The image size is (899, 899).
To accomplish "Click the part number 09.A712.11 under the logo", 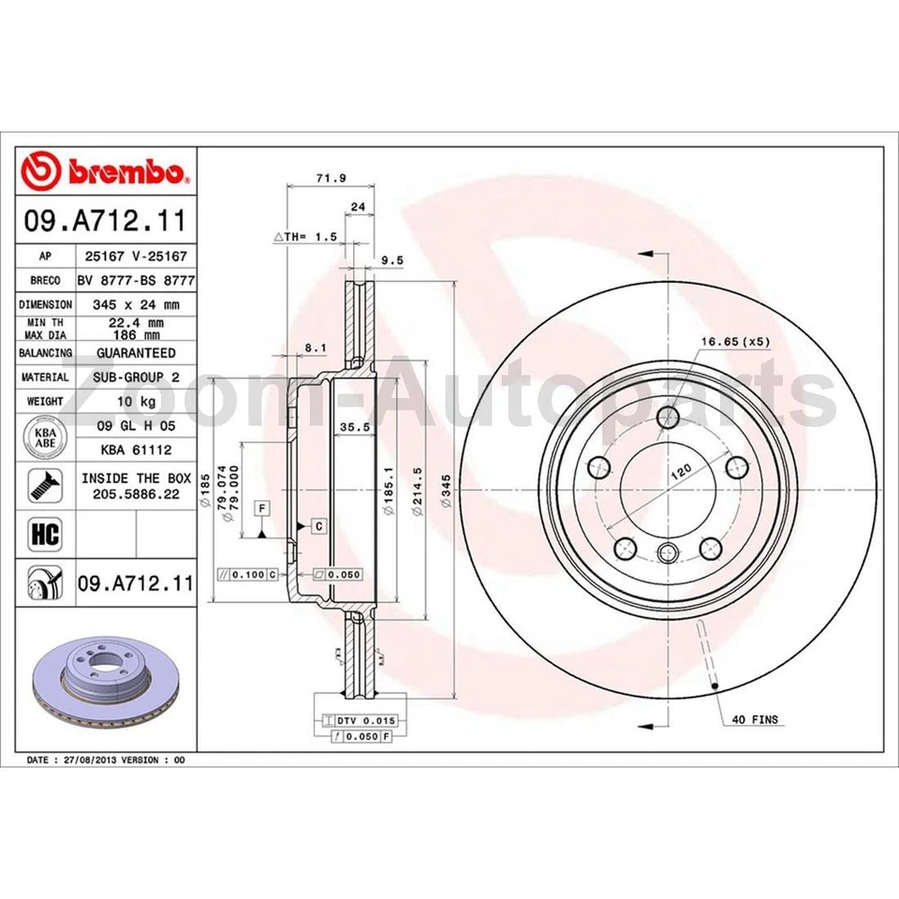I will [106, 223].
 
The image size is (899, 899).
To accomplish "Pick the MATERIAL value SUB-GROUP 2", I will [136, 377].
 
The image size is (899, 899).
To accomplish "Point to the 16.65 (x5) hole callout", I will [735, 342].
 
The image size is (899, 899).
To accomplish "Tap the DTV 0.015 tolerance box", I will [367, 720].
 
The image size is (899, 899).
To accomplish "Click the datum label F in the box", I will [263, 508].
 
